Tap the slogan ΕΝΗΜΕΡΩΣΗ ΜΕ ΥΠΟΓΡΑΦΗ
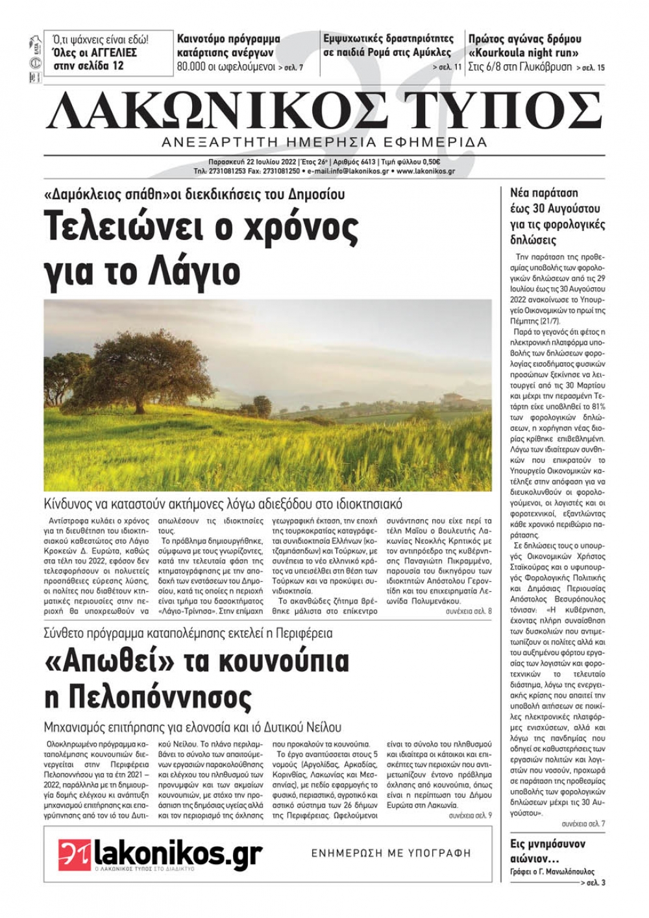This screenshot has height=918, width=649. [x=391, y=853]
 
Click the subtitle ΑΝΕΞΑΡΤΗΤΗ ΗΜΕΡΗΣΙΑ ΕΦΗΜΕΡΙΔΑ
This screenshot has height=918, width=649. [x=325, y=141]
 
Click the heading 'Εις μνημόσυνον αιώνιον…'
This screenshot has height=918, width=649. [x=548, y=851]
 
